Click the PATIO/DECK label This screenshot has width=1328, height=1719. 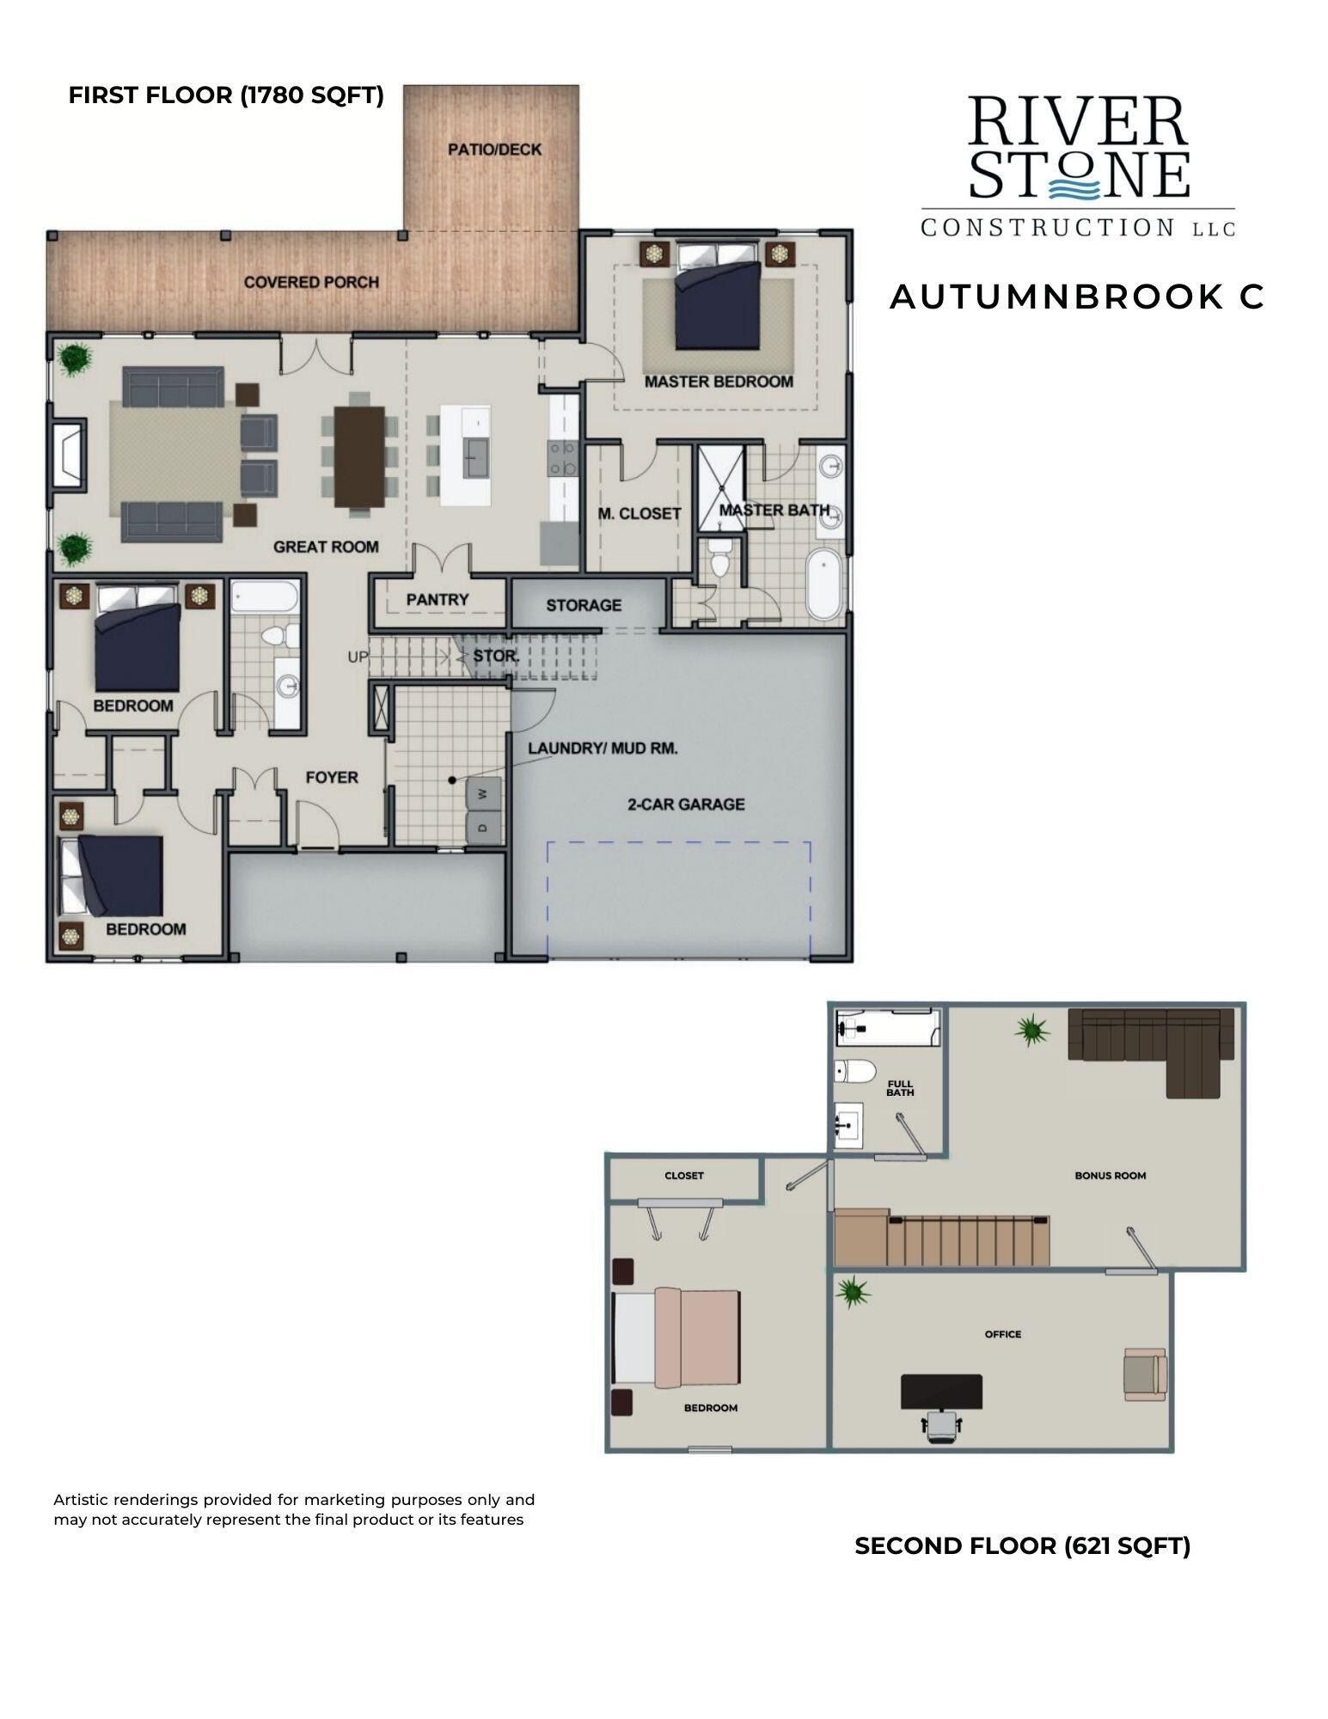[x=494, y=150]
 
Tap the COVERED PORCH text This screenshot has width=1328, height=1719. [x=311, y=282]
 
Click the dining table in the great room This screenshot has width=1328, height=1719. [x=359, y=456]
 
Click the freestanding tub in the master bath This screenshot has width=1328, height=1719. [x=825, y=584]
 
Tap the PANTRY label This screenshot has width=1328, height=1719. [x=438, y=600]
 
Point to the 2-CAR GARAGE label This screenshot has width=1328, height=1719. [x=685, y=804]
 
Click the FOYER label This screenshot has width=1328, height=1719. [x=332, y=777]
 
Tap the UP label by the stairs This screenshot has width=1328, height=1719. [x=358, y=658]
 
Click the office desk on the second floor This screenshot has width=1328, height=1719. [x=941, y=1392]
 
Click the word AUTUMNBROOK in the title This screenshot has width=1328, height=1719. [x=1053, y=297]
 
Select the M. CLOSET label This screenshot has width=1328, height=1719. [x=640, y=514]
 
